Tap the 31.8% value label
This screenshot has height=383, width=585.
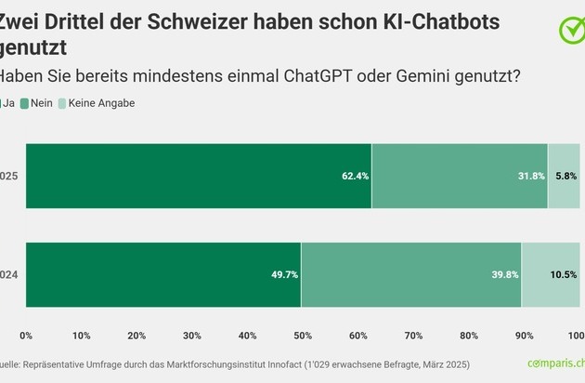coord(532,177)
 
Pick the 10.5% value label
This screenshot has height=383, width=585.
coord(564,275)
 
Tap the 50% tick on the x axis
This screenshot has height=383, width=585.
coord(302,336)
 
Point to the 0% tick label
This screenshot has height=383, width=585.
coord(26,336)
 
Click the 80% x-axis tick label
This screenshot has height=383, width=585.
coord(468,336)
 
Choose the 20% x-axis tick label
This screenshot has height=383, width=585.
coord(136,336)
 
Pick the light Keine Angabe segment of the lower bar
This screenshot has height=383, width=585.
coord(551,275)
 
